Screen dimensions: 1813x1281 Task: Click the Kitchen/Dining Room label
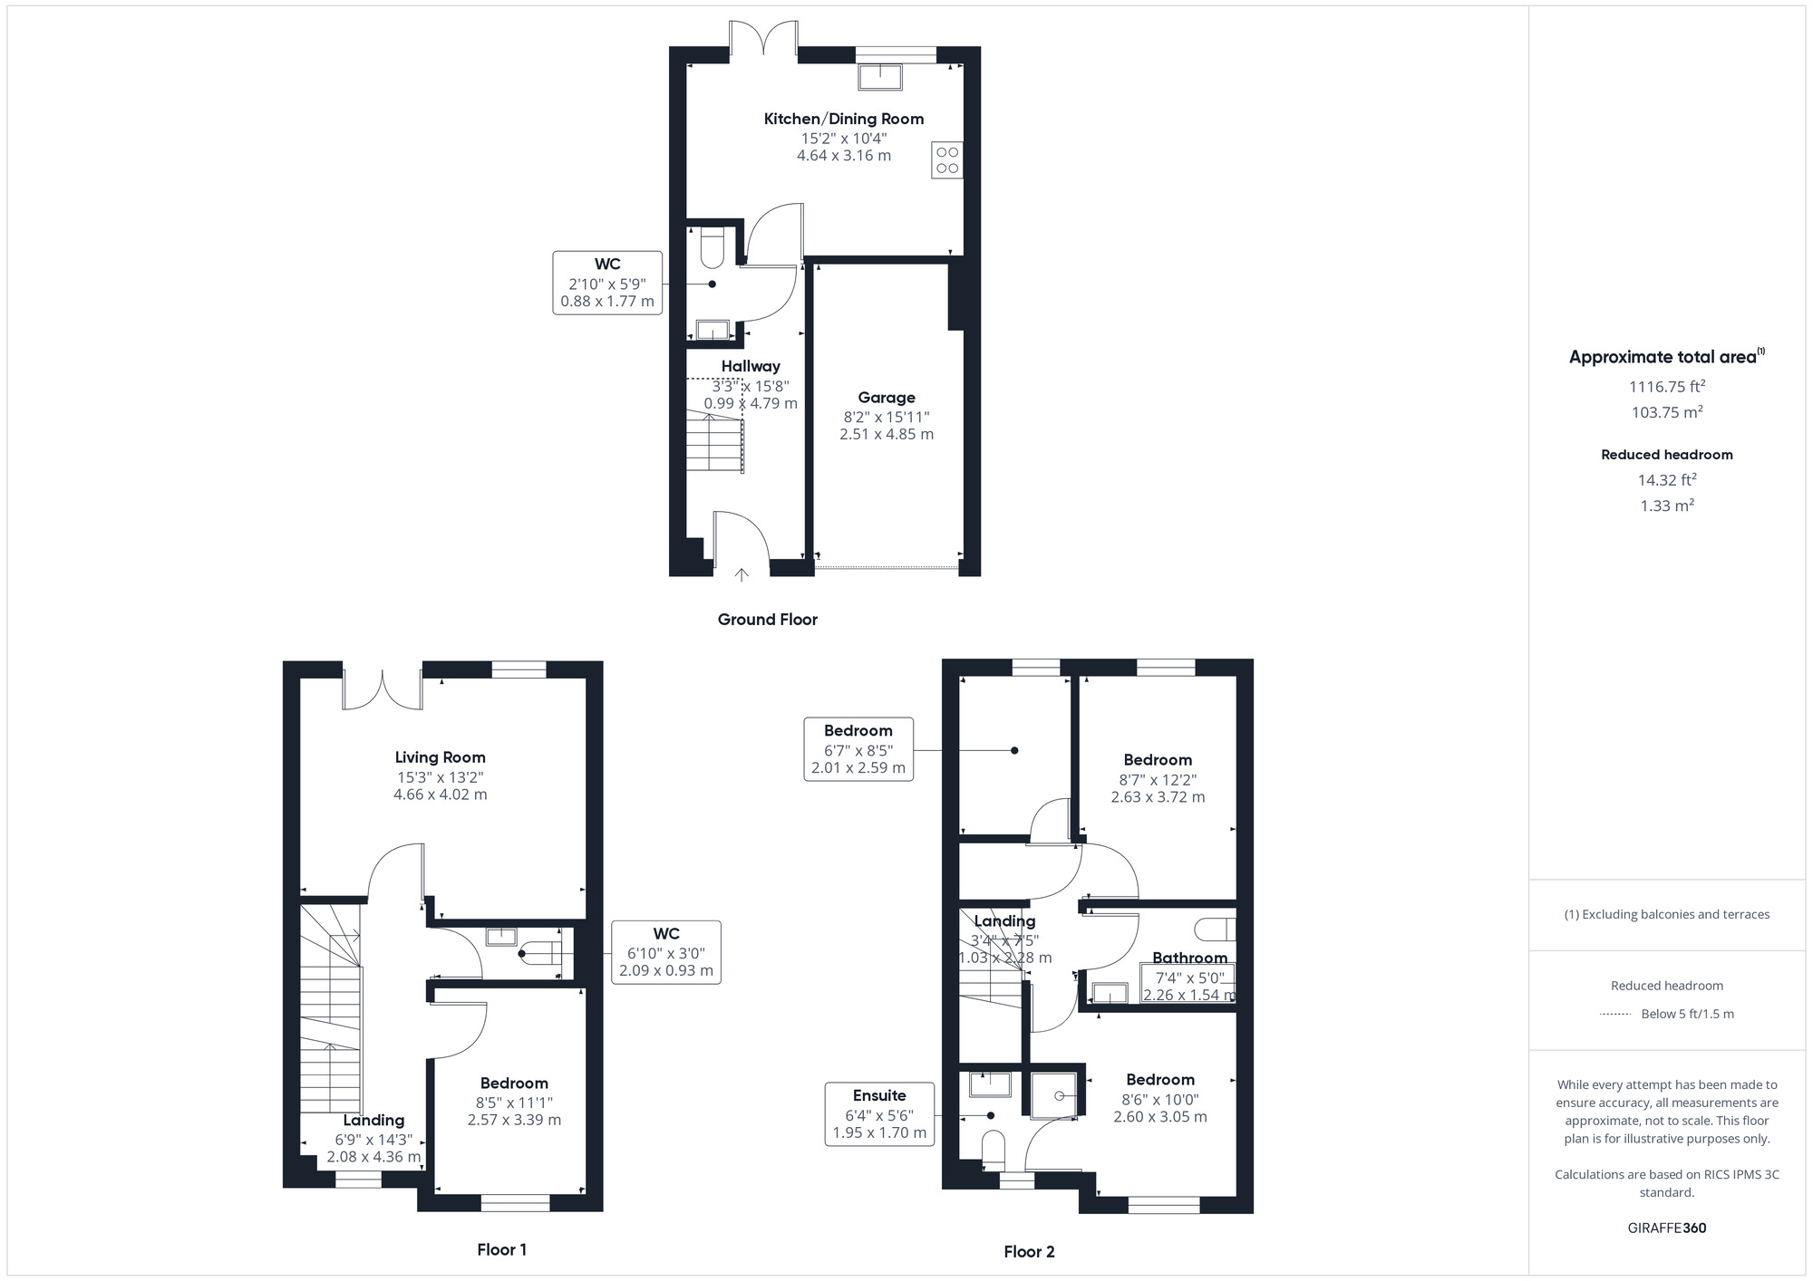click(843, 119)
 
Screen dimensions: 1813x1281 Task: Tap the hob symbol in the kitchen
click(947, 160)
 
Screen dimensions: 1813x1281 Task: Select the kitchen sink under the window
click(880, 77)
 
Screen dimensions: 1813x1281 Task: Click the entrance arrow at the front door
click(742, 574)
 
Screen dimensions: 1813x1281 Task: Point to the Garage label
click(887, 398)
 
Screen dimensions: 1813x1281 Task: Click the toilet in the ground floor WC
click(712, 249)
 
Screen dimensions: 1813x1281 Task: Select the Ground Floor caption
click(768, 620)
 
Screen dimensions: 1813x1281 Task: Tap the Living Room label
click(441, 757)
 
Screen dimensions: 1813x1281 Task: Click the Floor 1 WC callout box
click(666, 952)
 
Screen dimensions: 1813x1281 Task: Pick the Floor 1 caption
click(501, 1249)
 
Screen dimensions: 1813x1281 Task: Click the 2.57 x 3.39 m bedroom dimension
click(514, 1120)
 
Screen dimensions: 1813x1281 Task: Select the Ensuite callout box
click(879, 1114)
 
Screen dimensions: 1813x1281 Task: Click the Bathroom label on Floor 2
click(1189, 958)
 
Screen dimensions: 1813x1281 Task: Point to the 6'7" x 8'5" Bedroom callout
click(858, 749)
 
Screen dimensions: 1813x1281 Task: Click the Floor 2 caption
click(1029, 1252)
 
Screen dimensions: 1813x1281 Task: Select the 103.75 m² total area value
click(1667, 412)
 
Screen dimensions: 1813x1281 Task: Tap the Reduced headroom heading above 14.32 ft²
click(1667, 455)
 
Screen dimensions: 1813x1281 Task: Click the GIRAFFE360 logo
click(1667, 1228)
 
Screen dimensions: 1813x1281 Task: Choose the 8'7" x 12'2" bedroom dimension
click(1158, 780)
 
